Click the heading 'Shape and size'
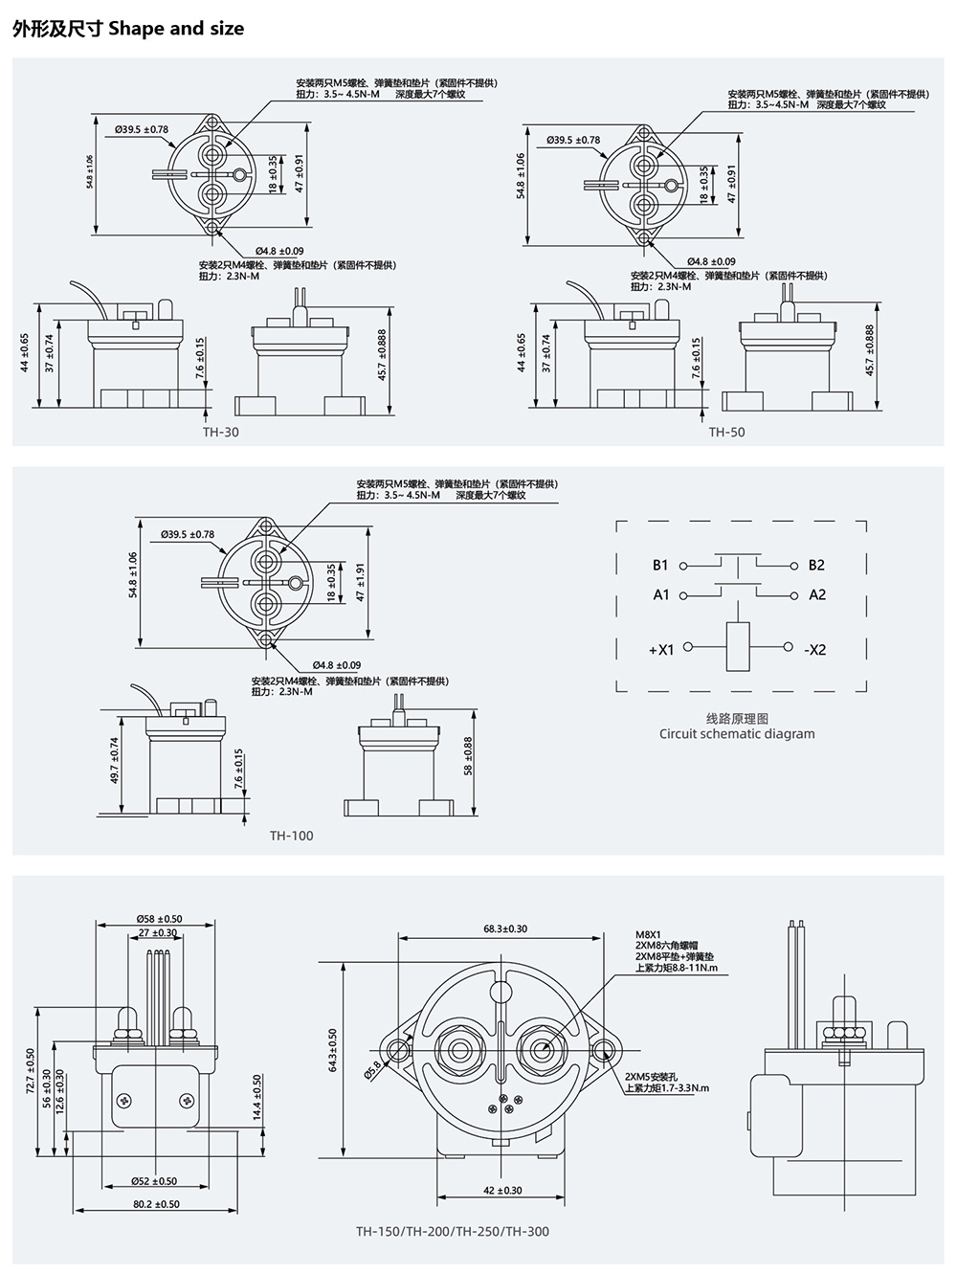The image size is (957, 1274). tap(176, 29)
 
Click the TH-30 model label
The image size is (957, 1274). tap(221, 432)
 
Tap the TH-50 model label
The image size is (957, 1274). tap(726, 432)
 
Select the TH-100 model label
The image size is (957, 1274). tap(291, 836)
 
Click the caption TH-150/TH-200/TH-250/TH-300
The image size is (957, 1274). tap(453, 1232)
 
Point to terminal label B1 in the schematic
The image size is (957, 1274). tap(660, 565)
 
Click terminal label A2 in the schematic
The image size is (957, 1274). tap(816, 594)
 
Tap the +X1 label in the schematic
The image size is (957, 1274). tap(660, 650)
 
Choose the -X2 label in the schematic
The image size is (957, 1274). tap(814, 650)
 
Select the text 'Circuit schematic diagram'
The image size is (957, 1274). tap(737, 734)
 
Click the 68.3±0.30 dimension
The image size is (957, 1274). tap(505, 928)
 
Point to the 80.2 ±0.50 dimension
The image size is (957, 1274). tap(156, 1204)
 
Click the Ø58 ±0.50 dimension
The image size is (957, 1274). tap(158, 919)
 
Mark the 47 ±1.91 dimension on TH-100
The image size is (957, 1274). tap(361, 582)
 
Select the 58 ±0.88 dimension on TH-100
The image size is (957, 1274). tap(468, 756)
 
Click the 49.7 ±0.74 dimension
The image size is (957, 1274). tap(116, 761)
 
